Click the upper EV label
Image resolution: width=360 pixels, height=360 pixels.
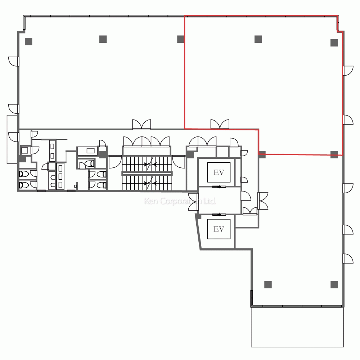point(219,172)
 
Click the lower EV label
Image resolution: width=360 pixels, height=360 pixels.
point(219,229)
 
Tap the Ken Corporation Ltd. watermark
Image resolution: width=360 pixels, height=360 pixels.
point(180,201)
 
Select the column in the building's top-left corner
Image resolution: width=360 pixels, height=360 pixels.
point(28,41)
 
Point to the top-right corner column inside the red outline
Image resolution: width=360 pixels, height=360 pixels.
point(334,43)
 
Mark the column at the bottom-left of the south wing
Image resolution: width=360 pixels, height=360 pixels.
point(268,285)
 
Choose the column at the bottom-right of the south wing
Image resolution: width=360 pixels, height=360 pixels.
point(334,285)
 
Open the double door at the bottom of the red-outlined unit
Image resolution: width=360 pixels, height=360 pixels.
point(220,125)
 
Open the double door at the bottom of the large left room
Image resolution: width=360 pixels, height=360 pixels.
point(141,125)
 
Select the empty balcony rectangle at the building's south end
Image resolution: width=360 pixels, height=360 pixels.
point(297,327)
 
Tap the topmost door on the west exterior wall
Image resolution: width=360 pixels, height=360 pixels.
point(14,62)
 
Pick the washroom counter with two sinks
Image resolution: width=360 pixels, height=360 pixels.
point(52,151)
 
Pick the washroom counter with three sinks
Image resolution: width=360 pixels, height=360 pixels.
point(60,176)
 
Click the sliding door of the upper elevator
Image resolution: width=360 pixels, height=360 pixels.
point(219,186)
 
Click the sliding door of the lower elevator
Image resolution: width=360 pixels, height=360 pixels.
point(219,215)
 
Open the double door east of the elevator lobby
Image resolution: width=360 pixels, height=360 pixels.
point(263,201)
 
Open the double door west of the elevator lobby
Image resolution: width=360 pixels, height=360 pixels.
point(193,202)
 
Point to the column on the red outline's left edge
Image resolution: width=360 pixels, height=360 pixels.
point(181,39)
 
